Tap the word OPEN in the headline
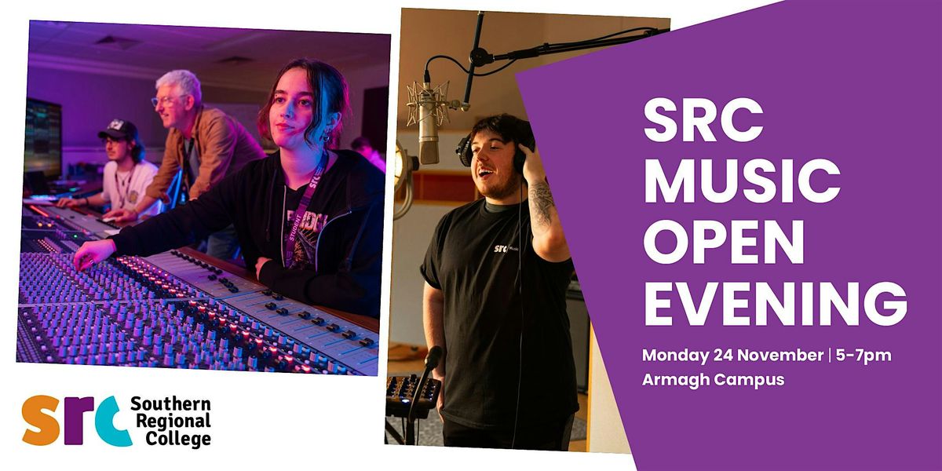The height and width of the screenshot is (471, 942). (x=723, y=242)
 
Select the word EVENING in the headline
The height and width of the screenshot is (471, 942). (x=775, y=302)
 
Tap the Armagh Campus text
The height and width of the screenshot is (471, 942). (x=714, y=379)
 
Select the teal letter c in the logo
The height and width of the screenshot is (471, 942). (x=114, y=421)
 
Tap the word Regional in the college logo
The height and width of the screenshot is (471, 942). (x=170, y=422)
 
